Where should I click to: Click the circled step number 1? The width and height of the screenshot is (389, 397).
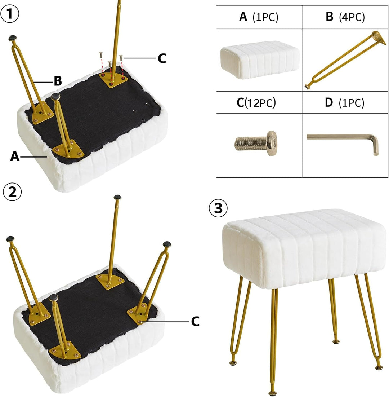coord(10,14)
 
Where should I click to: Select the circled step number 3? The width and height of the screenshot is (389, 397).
coord(218,208)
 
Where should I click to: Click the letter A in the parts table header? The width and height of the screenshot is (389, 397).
coord(243,17)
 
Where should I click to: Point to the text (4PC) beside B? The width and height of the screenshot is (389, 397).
coord(352,17)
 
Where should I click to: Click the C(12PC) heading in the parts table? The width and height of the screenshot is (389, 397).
coord(256,102)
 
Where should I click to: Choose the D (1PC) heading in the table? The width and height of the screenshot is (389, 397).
coord(344,102)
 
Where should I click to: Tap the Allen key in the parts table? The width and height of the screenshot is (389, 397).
coord(343,143)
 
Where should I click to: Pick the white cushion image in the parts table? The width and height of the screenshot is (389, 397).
coord(260,60)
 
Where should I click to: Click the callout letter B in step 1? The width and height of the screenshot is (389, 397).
coord(58,81)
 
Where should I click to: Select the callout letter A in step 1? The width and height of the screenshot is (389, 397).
coord(15,156)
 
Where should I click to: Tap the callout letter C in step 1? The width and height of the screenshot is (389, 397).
coord(162,58)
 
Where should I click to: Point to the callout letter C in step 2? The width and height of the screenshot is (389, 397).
coord(195,321)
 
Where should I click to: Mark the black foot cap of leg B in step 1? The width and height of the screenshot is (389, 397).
coord(13,38)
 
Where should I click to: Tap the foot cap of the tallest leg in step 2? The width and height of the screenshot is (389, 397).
coord(118,197)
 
